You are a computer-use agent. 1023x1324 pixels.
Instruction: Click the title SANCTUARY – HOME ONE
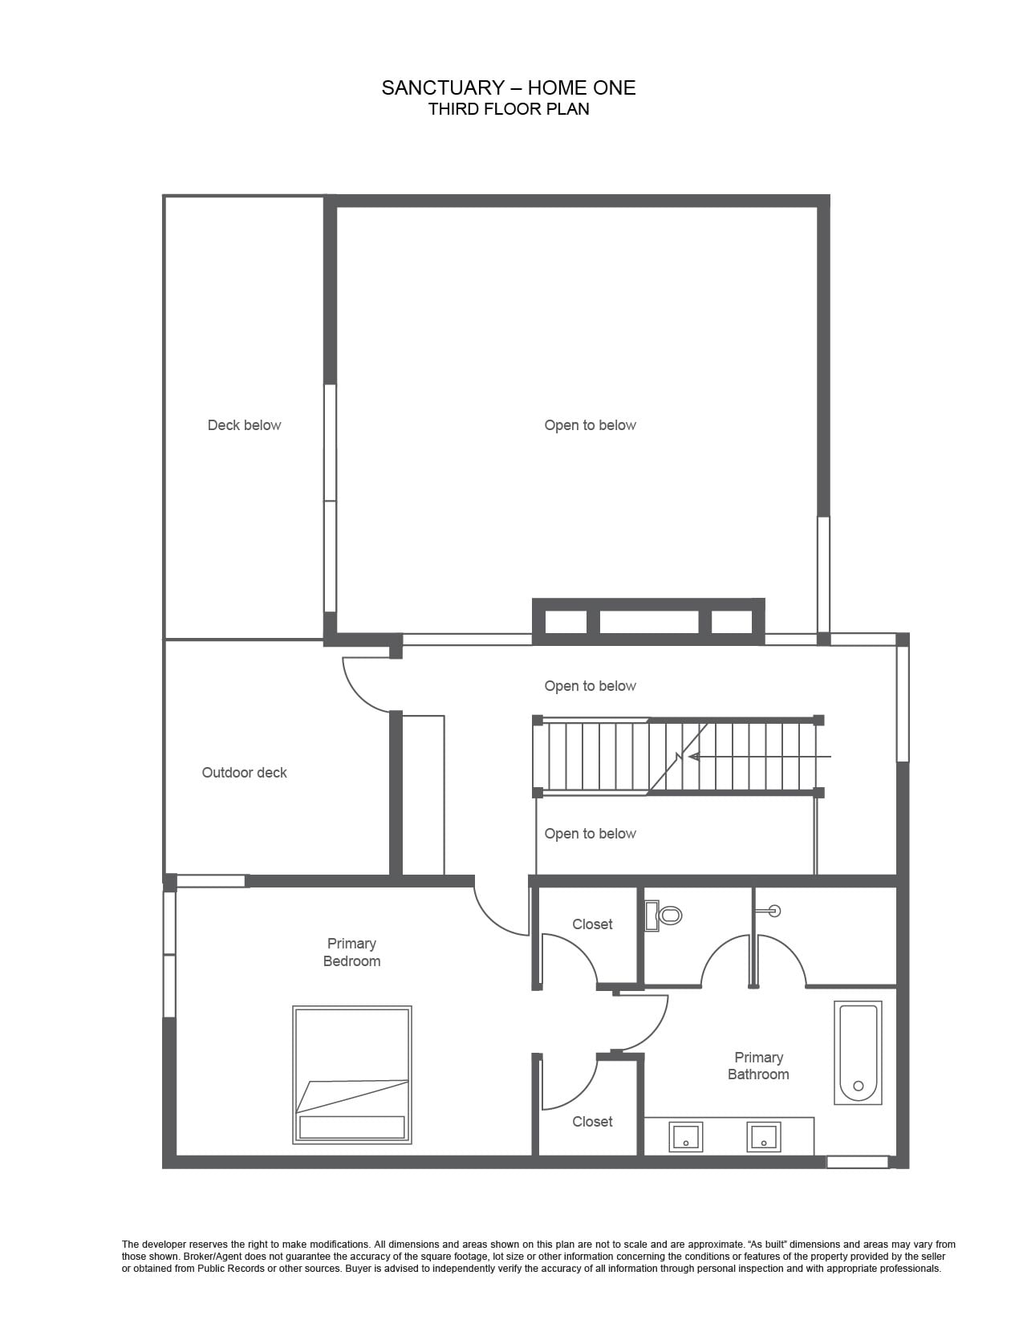(508, 88)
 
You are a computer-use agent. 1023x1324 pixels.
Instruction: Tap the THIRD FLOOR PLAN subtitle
(508, 109)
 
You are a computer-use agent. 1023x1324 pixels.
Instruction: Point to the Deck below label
(245, 425)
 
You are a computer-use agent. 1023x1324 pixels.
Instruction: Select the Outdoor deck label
(245, 773)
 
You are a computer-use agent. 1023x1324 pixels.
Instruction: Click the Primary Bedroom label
(351, 952)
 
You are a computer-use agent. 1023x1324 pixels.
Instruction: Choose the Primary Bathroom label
(758, 1066)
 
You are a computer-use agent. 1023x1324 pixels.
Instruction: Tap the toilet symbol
(663, 915)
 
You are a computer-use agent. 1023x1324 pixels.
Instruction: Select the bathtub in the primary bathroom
(858, 1052)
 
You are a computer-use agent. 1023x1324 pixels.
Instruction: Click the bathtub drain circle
(859, 1085)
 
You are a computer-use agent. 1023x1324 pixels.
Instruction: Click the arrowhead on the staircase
(693, 757)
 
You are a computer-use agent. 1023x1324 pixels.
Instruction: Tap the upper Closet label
(592, 924)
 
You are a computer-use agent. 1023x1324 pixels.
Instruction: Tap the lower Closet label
(592, 1122)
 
